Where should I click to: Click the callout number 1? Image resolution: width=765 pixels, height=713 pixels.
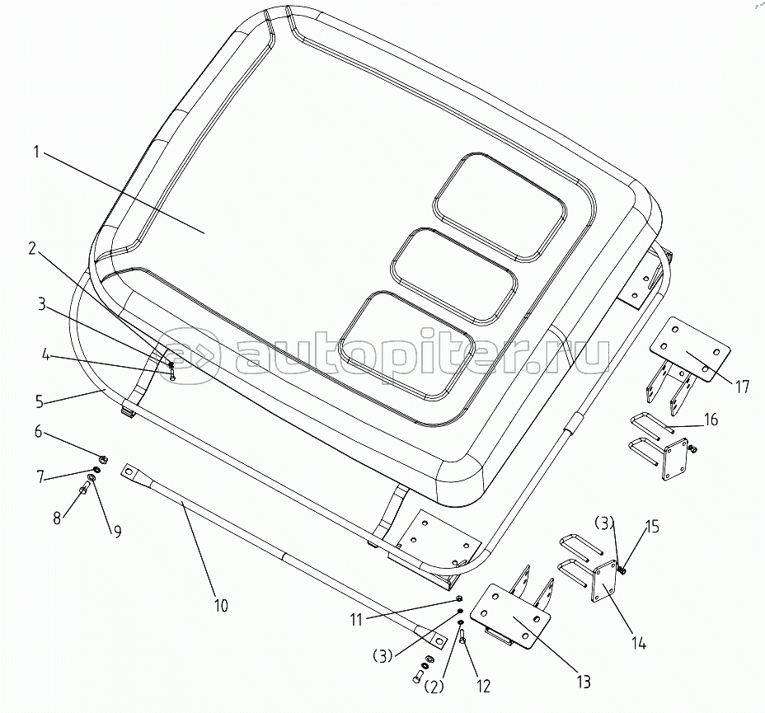pyautogui.click(x=37, y=152)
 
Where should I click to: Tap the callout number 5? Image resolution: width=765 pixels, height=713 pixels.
pyautogui.click(x=38, y=402)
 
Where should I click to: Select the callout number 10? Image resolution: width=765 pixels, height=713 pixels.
pyautogui.click(x=220, y=606)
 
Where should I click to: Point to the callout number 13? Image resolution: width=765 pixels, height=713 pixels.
pyautogui.click(x=584, y=682)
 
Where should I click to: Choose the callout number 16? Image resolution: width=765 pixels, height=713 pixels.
pyautogui.click(x=711, y=420)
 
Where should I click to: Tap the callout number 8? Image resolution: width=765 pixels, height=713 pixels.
pyautogui.click(x=57, y=518)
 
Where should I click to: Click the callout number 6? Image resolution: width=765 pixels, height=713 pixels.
pyautogui.click(x=37, y=430)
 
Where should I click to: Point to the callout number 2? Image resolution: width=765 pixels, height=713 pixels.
pyautogui.click(x=31, y=246)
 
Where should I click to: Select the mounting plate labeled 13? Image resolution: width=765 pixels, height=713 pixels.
pyautogui.click(x=516, y=613)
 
